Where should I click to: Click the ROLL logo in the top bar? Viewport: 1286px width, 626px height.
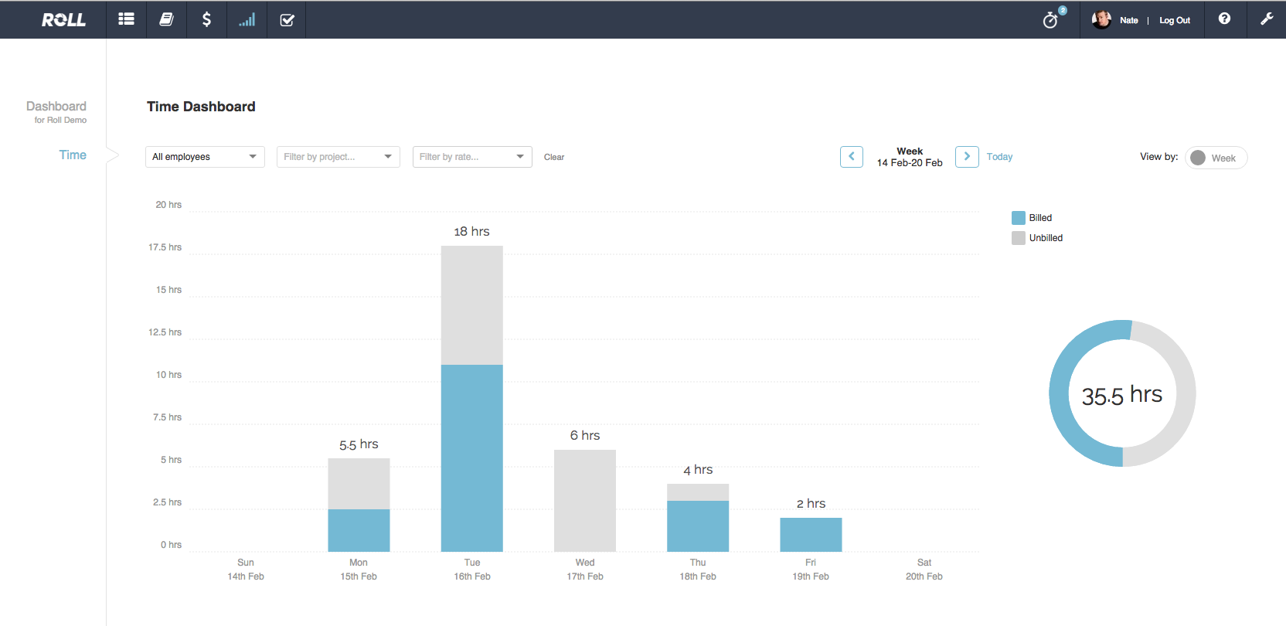63,20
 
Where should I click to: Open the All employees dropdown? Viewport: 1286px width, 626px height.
205,157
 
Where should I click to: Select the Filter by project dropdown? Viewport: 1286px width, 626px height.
338,157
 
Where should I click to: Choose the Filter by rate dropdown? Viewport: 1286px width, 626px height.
472,157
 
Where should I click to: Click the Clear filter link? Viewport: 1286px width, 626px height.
554,157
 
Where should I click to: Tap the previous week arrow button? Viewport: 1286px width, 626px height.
851,157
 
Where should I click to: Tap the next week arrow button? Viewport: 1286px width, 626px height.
967,157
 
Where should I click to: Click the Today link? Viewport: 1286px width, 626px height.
999,157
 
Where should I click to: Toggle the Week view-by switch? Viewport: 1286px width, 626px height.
1216,158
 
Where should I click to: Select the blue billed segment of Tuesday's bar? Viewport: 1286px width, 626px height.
471,458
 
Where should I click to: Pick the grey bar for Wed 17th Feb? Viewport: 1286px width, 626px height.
585,500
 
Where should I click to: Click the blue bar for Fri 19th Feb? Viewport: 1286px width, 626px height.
811,534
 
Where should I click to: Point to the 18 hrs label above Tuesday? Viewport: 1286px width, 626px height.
471,232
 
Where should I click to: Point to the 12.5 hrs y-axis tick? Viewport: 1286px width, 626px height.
165,332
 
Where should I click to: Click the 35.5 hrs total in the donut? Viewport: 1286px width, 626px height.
1121,395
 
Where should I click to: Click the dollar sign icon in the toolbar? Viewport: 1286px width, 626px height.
206,19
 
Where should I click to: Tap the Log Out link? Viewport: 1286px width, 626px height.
1174,21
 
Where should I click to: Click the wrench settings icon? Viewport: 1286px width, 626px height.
1266,19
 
